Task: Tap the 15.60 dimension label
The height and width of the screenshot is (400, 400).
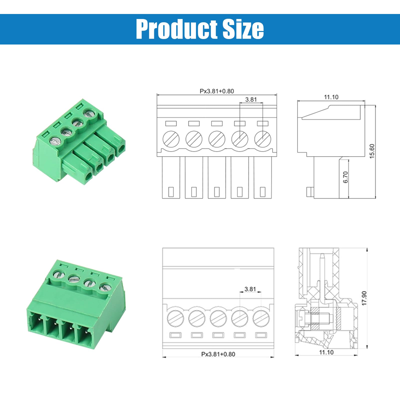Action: [372, 151]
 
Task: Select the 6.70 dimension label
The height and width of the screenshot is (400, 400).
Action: [345, 177]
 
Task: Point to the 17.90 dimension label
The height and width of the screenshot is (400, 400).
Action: [364, 298]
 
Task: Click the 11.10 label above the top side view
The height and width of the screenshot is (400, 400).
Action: [331, 97]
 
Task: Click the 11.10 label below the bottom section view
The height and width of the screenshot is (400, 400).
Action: [326, 352]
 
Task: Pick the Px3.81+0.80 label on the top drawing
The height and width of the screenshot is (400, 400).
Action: [217, 91]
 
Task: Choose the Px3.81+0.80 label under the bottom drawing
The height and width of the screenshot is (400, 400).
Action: [218, 354]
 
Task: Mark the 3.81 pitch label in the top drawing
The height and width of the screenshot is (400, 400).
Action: [251, 99]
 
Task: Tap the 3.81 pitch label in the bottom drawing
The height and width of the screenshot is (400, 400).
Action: [250, 289]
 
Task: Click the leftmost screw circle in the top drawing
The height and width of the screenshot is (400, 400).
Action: [171, 139]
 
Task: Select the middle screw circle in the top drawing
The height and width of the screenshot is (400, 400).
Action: [217, 139]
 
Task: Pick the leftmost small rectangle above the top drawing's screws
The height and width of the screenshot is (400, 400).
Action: [171, 123]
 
